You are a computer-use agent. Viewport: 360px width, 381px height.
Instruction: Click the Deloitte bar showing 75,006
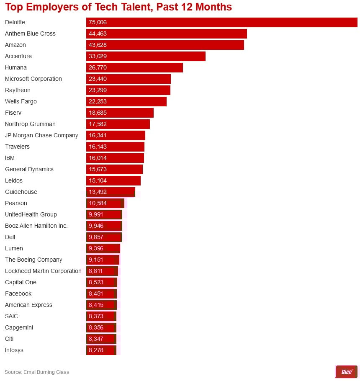(222, 22)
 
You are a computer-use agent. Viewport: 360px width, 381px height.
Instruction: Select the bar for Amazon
(165, 45)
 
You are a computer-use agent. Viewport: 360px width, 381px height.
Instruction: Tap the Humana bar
(134, 67)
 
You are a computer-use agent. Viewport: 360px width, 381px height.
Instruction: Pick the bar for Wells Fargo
(126, 101)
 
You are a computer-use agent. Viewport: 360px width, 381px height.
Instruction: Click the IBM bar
(115, 158)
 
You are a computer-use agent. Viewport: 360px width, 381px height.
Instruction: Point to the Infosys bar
(101, 350)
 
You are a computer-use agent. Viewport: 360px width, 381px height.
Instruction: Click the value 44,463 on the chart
(98, 33)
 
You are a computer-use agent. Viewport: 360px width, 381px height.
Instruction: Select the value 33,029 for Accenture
(98, 56)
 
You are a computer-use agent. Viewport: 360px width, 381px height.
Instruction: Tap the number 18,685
(98, 113)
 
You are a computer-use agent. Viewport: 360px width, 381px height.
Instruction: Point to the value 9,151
(96, 260)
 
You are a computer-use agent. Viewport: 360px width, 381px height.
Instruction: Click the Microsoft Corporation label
(33, 79)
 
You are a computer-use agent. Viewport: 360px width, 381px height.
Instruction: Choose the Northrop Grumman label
(30, 124)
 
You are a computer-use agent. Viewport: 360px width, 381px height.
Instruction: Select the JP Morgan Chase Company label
(41, 135)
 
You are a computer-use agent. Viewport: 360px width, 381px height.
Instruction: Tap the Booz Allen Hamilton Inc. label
(36, 226)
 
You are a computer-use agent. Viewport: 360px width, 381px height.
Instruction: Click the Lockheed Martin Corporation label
(43, 271)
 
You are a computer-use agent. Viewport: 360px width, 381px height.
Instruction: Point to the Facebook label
(18, 293)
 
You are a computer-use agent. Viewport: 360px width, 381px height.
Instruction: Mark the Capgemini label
(19, 327)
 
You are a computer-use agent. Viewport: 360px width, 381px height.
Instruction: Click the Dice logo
(347, 372)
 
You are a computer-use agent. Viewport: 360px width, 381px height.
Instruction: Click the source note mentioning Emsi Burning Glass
(37, 372)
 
